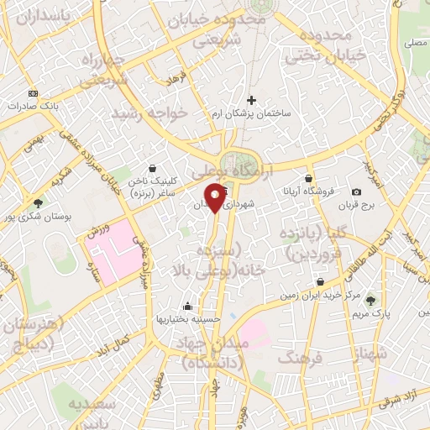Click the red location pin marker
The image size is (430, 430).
coord(216,198)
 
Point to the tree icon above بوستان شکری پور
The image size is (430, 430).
coord(38,202)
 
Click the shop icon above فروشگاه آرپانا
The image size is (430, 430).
coord(309,179)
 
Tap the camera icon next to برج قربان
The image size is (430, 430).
coord(357,192)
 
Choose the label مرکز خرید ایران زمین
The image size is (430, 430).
coord(320,296)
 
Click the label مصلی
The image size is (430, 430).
coord(414,41)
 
